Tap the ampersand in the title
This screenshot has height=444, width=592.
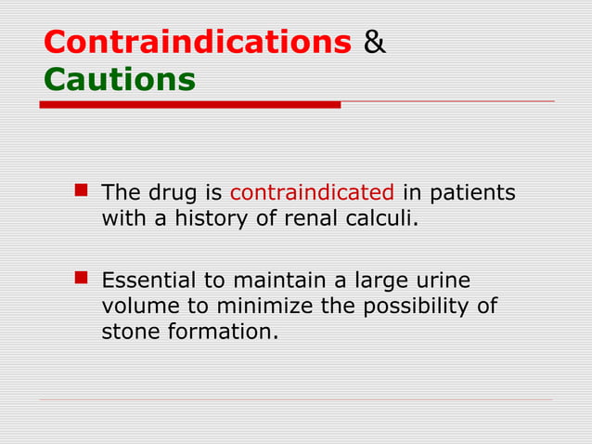click(375, 43)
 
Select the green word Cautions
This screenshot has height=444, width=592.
click(119, 80)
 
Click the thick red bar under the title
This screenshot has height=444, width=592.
click(190, 105)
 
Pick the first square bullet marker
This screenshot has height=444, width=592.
click(81, 192)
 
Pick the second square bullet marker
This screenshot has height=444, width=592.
click(81, 278)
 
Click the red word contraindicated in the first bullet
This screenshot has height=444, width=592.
click(312, 193)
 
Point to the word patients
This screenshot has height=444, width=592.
click(470, 193)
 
